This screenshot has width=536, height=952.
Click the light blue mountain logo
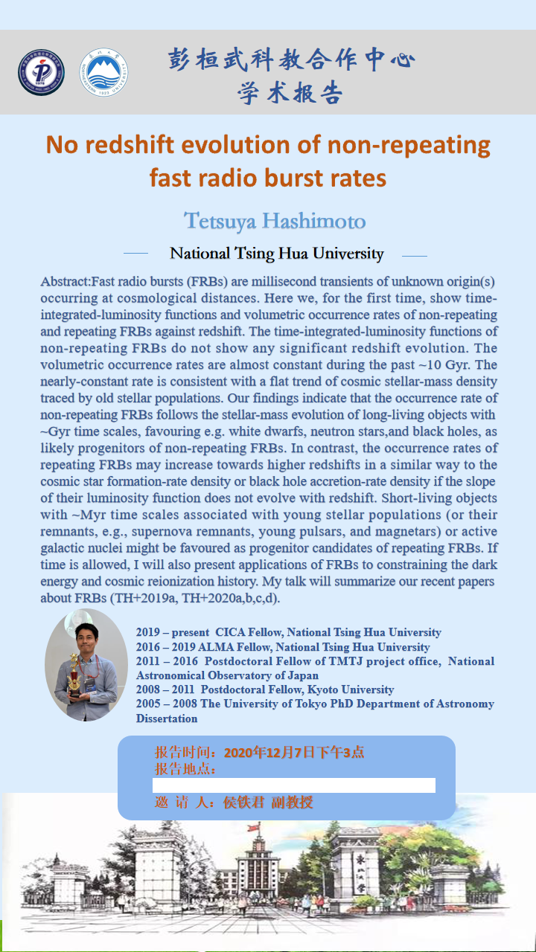point(103,72)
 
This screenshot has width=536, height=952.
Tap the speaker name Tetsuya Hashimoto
point(275,221)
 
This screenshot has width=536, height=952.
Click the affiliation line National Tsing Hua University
point(276,254)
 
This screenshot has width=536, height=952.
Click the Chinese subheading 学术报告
point(290,93)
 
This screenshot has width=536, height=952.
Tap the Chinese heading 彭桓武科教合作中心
point(291,59)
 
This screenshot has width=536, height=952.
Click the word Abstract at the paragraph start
point(65,281)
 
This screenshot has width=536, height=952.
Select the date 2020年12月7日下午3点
point(294,752)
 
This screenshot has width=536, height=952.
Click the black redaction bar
point(294,785)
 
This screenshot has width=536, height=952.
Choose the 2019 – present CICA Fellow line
point(289,633)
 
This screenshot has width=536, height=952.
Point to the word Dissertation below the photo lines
point(167,718)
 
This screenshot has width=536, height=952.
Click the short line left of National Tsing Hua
point(135,254)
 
